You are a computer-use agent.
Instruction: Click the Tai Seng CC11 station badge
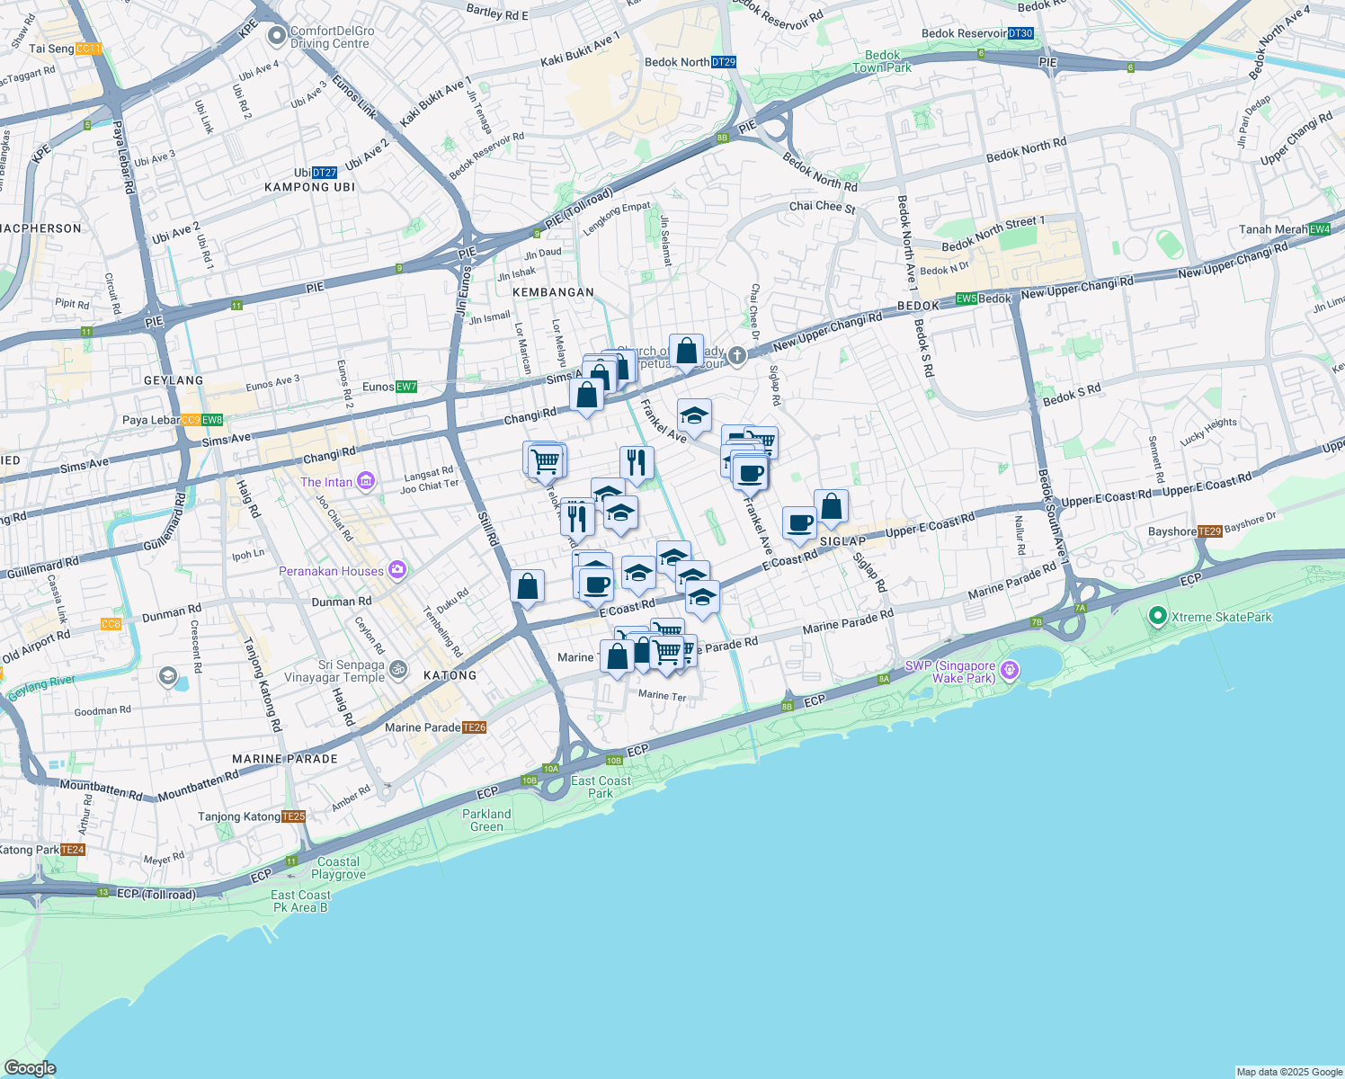coord(88,49)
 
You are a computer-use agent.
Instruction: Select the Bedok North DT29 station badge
coord(724,62)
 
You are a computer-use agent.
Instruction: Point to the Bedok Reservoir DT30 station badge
coord(1020,33)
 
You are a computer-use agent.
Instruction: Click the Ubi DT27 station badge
coord(325,173)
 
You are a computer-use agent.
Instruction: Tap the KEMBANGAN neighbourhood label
coord(553,292)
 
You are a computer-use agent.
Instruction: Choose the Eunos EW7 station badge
coord(406,387)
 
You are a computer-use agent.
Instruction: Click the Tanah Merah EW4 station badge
coord(1320,229)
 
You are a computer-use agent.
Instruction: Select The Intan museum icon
coord(365,482)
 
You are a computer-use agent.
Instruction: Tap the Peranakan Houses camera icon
coord(397,571)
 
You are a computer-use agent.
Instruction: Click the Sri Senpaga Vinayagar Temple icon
coord(400,670)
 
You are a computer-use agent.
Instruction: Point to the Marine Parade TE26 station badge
coord(475,727)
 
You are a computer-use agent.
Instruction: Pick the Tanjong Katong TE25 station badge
coord(294,816)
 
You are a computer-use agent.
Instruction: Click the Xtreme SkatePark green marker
coord(1158,617)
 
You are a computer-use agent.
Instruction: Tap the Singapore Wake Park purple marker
coord(1010,670)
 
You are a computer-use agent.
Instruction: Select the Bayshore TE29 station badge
coord(1210,531)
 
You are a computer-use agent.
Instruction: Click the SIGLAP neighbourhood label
coord(842,541)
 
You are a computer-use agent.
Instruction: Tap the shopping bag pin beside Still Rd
coord(528,587)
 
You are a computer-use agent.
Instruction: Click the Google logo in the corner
coord(30,1067)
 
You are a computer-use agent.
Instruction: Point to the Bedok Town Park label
coord(882,61)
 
